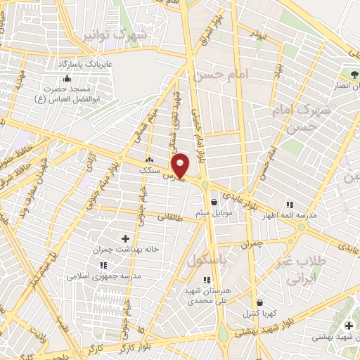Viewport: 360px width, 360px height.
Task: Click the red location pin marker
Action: point(181,165)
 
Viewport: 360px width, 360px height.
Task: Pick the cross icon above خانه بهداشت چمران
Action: point(126,239)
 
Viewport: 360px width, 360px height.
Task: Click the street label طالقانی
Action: point(169,218)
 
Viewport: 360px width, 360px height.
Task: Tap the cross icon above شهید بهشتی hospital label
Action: point(349,325)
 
